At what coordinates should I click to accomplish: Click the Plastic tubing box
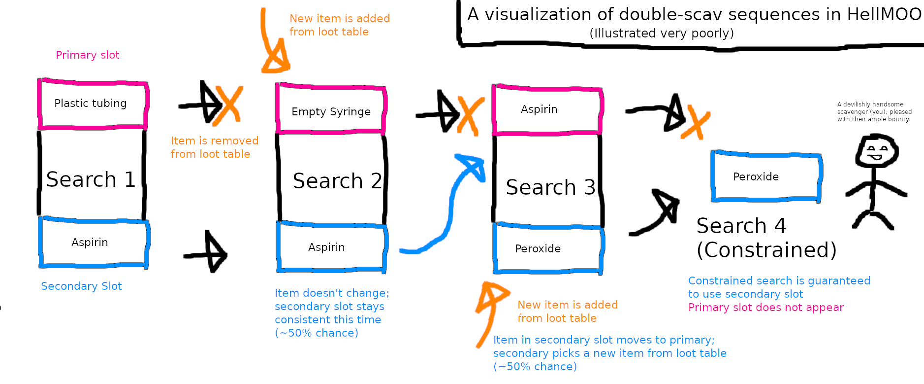pos(93,104)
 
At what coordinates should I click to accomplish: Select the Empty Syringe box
pos(331,110)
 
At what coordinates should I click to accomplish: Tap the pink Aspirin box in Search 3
pos(546,110)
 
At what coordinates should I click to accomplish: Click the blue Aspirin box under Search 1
pos(94,243)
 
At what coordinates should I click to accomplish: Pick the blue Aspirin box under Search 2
pos(331,247)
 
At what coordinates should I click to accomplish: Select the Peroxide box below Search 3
pos(547,249)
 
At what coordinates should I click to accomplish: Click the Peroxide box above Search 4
pos(766,176)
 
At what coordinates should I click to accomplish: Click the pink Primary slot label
pos(88,55)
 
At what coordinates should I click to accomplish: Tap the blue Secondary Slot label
pos(81,286)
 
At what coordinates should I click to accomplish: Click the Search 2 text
pos(337,181)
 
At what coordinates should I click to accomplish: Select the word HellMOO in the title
pos(884,14)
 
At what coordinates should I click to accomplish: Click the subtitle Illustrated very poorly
pos(661,33)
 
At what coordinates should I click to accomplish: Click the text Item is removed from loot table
pos(214,147)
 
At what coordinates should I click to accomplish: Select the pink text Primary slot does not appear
pos(765,308)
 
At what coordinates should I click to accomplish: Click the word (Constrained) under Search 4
pos(766,250)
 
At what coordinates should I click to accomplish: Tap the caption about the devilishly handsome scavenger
pos(874,112)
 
